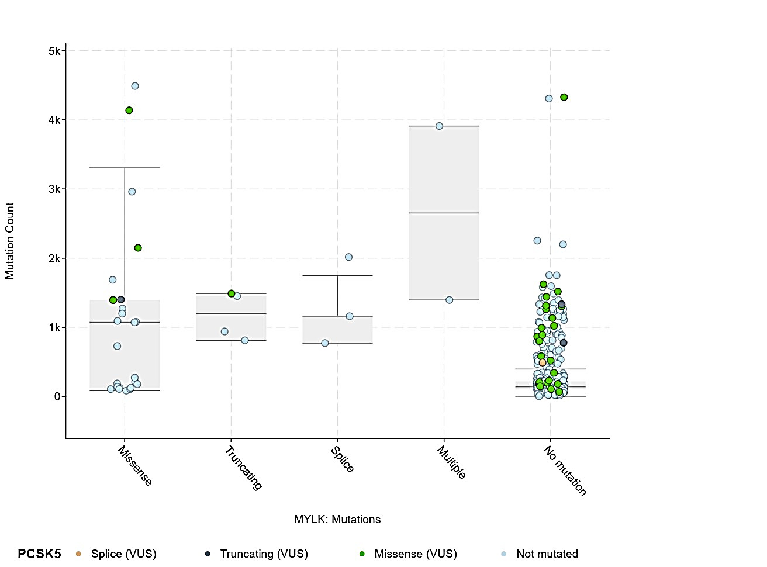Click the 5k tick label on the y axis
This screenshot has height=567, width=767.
coord(54,51)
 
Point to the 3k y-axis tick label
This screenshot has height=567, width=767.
coord(54,189)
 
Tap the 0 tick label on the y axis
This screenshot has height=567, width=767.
coord(57,397)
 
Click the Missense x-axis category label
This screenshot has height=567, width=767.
coord(135,466)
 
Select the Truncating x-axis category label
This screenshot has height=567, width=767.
coord(243,468)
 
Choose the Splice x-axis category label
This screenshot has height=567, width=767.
coord(343,459)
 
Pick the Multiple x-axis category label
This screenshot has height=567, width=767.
coord(452,462)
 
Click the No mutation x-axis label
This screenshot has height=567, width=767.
coord(565,471)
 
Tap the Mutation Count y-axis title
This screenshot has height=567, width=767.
coord(10,241)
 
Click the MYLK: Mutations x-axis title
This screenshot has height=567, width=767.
coord(337,520)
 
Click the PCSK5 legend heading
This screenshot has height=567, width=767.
coord(39,554)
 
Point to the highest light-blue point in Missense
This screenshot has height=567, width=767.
coord(135,86)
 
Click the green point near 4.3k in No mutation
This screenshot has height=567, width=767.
coord(564,98)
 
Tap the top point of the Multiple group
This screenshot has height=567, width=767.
coord(440,126)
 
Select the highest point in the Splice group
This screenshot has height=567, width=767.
coord(349,257)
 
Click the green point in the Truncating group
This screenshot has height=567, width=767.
coord(232,293)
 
